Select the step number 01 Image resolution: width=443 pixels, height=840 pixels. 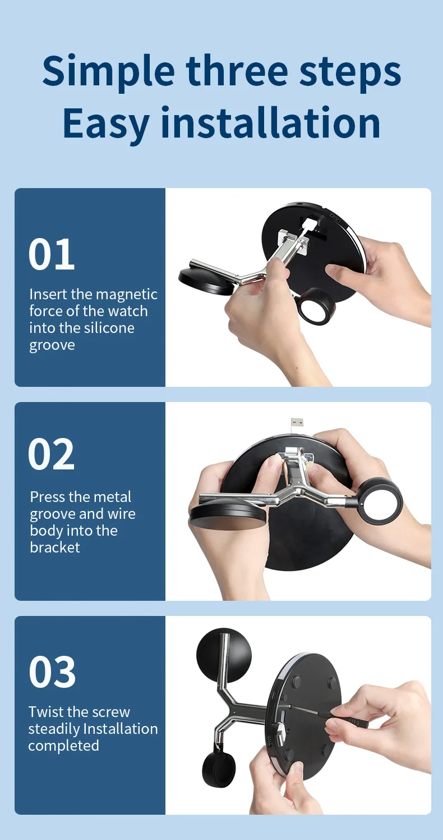click(52, 255)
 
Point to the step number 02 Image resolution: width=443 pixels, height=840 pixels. click(52, 454)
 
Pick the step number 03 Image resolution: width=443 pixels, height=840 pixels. click(52, 672)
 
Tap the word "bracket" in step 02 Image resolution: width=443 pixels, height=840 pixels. click(55, 547)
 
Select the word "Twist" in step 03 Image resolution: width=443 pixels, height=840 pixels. click(47, 712)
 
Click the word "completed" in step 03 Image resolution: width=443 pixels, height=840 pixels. click(63, 746)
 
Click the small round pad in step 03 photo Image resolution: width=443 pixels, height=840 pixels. click(224, 652)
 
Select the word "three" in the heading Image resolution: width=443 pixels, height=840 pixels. click(241, 71)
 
